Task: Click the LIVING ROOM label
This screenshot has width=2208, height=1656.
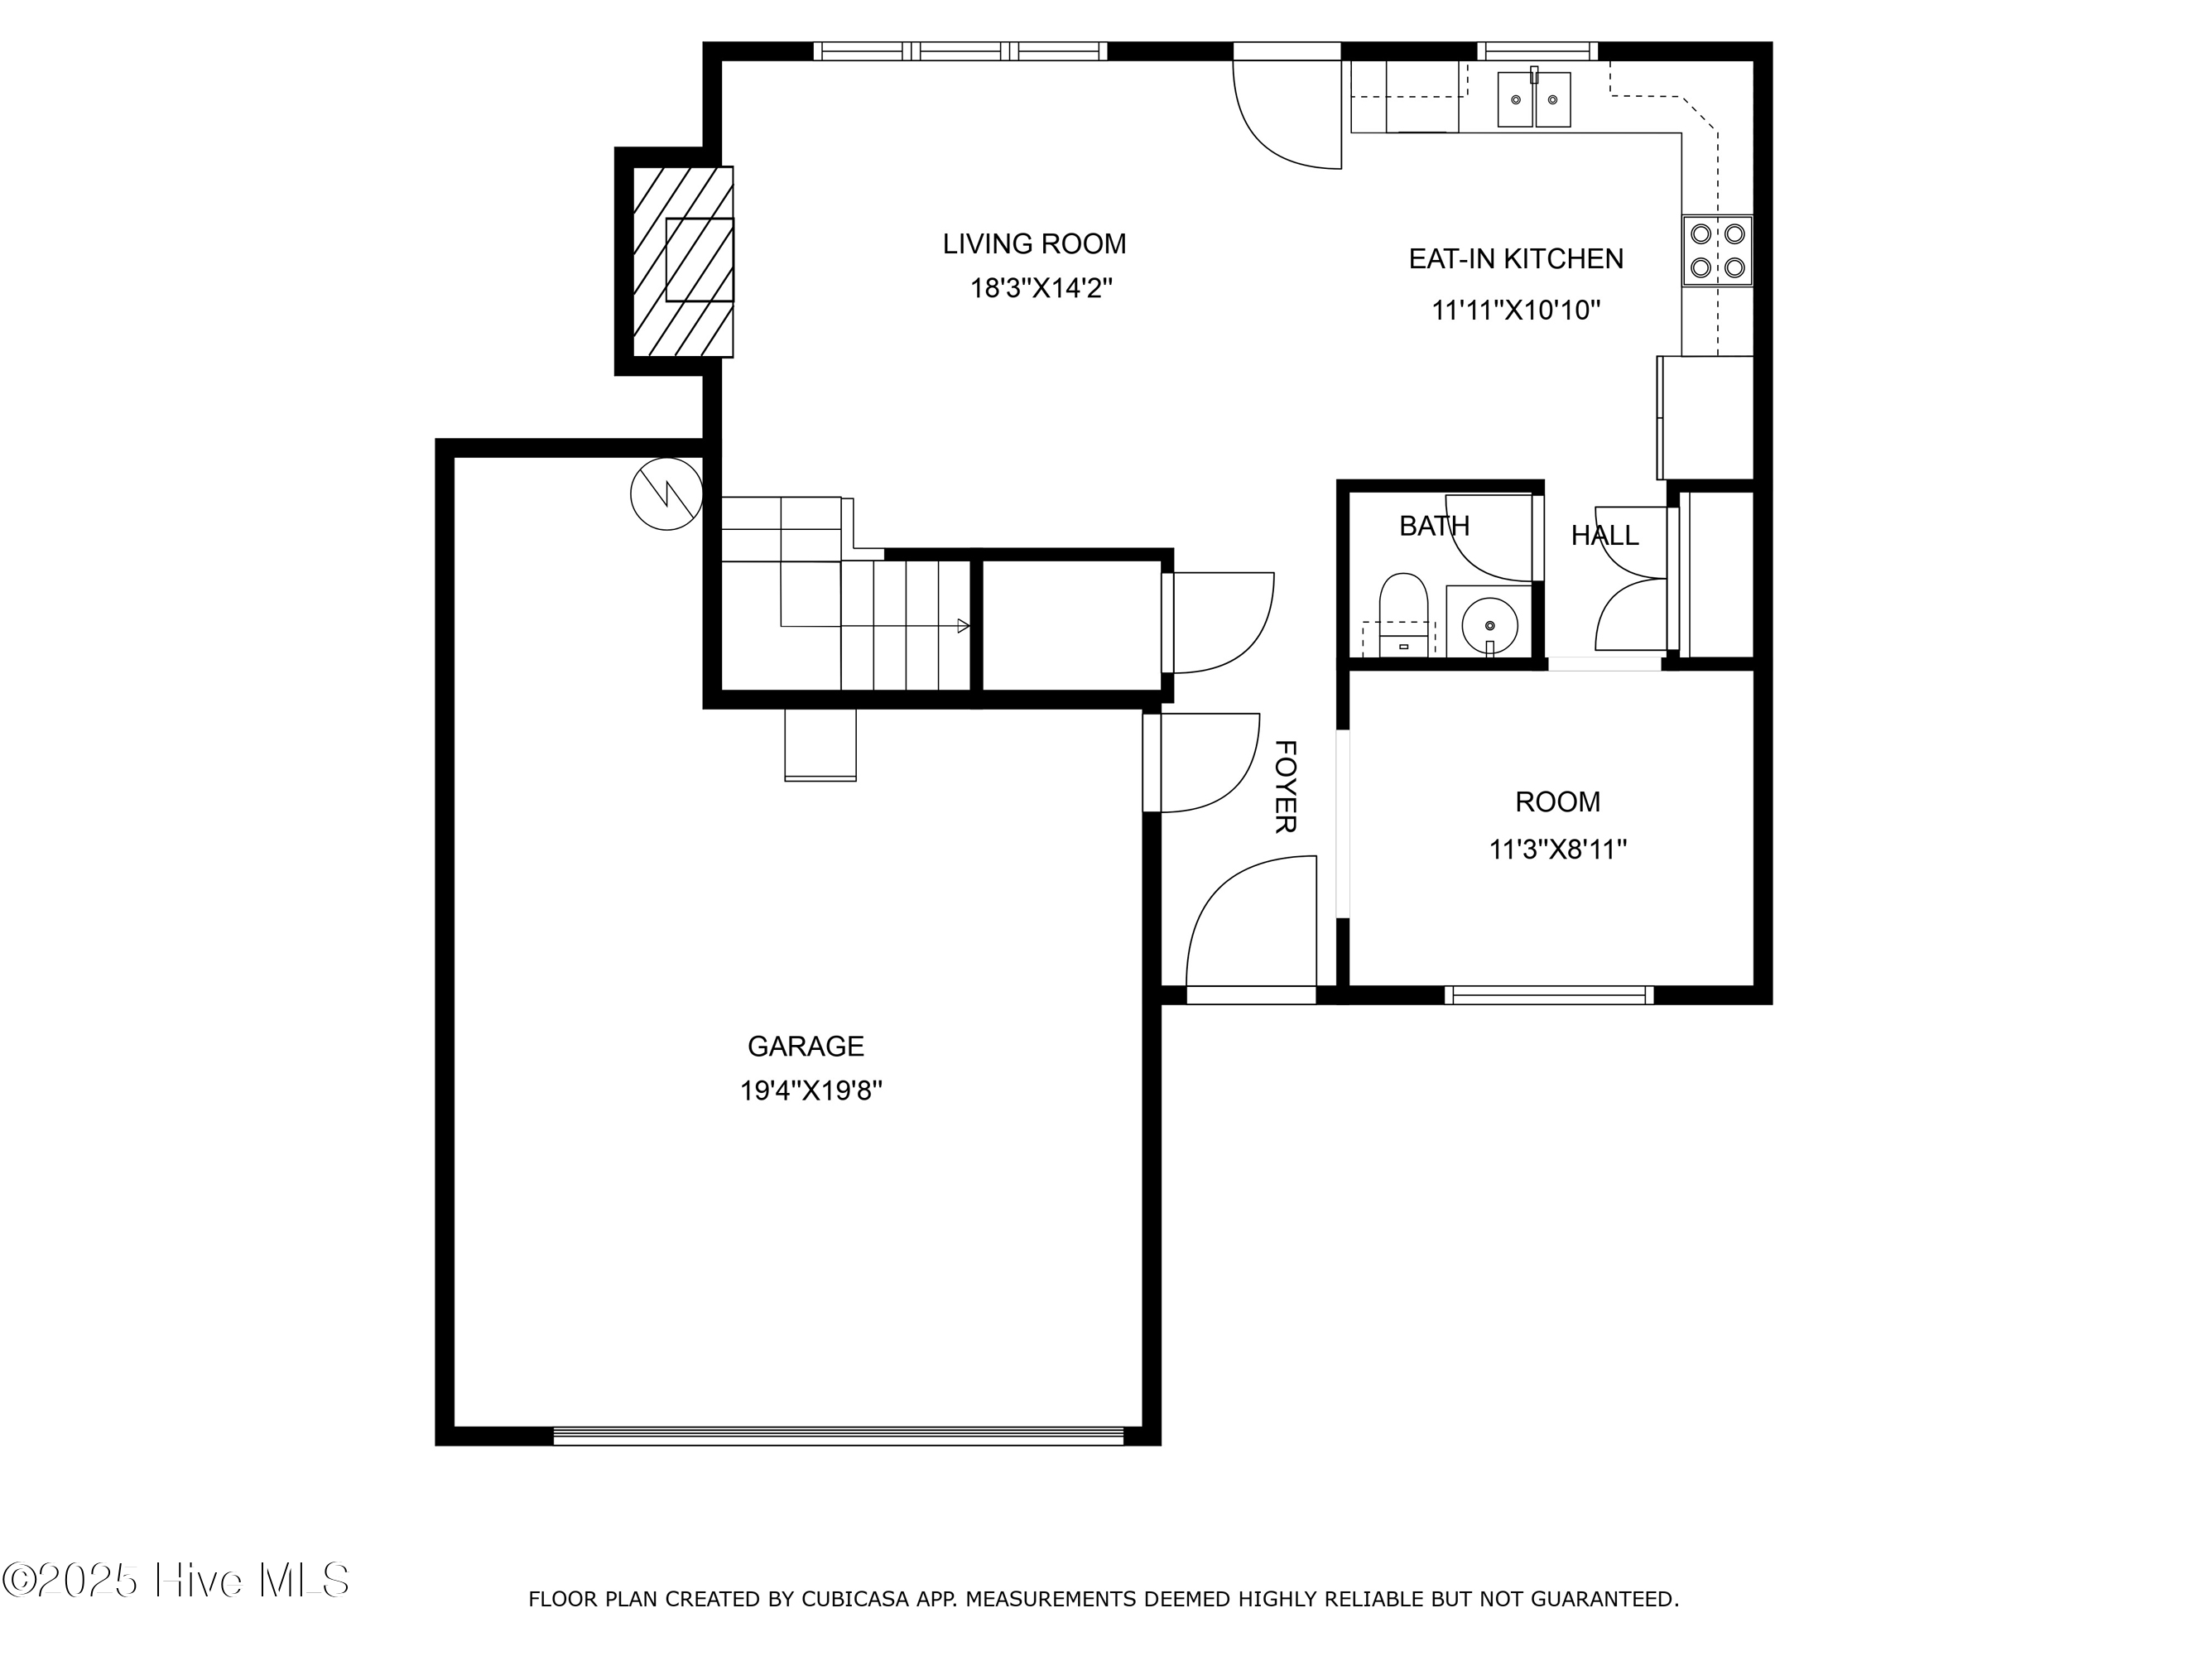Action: [1034, 243]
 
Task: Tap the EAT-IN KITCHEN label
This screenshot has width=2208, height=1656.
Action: [1515, 258]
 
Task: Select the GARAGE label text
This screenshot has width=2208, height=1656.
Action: [806, 1046]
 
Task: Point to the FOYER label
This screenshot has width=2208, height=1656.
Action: [1287, 787]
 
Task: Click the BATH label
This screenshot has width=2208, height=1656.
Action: [1435, 526]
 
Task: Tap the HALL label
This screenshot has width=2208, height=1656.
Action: [1605, 536]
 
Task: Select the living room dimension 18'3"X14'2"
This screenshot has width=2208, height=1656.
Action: [1041, 288]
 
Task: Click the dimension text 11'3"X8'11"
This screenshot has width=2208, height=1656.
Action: [1558, 850]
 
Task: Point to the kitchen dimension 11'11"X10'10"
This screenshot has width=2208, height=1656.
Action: [1516, 310]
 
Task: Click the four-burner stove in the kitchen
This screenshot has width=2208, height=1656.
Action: [1718, 251]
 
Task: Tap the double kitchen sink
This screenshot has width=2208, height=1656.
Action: [1534, 99]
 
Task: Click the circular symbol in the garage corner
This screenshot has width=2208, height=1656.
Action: [666, 494]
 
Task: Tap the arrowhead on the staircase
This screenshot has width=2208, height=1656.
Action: [963, 626]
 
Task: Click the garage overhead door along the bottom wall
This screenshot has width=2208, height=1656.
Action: [839, 1437]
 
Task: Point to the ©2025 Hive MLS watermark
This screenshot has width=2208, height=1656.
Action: [176, 1580]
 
